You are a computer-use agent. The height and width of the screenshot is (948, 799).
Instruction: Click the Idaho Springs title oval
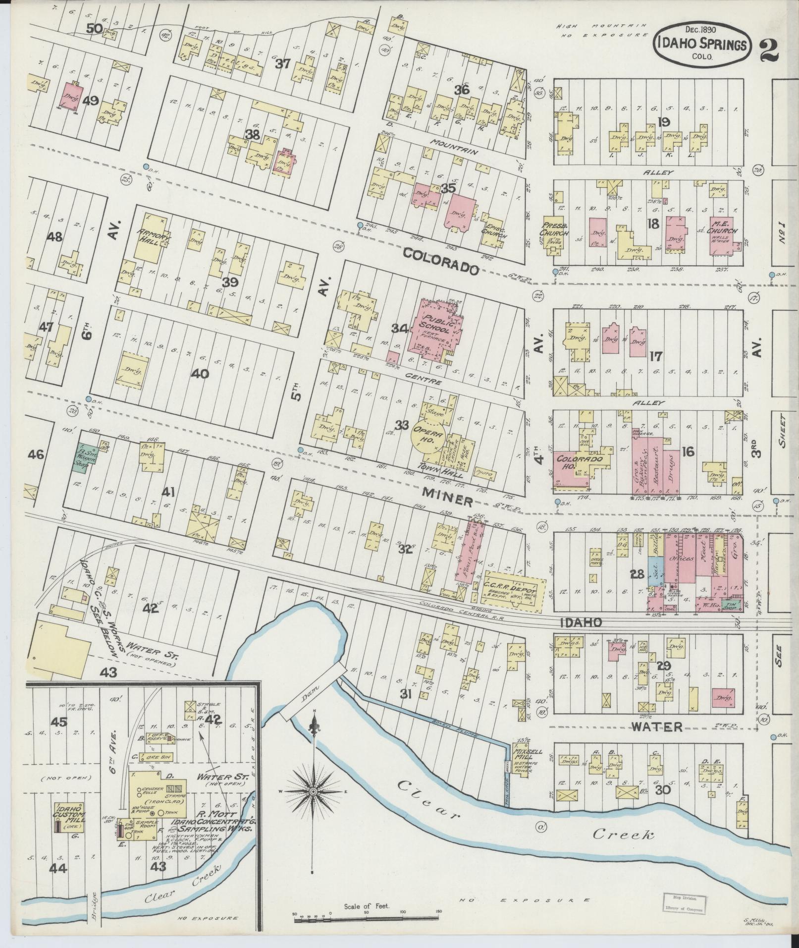[x=703, y=43]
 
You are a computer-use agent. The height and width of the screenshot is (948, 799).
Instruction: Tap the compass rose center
[x=313, y=793]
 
